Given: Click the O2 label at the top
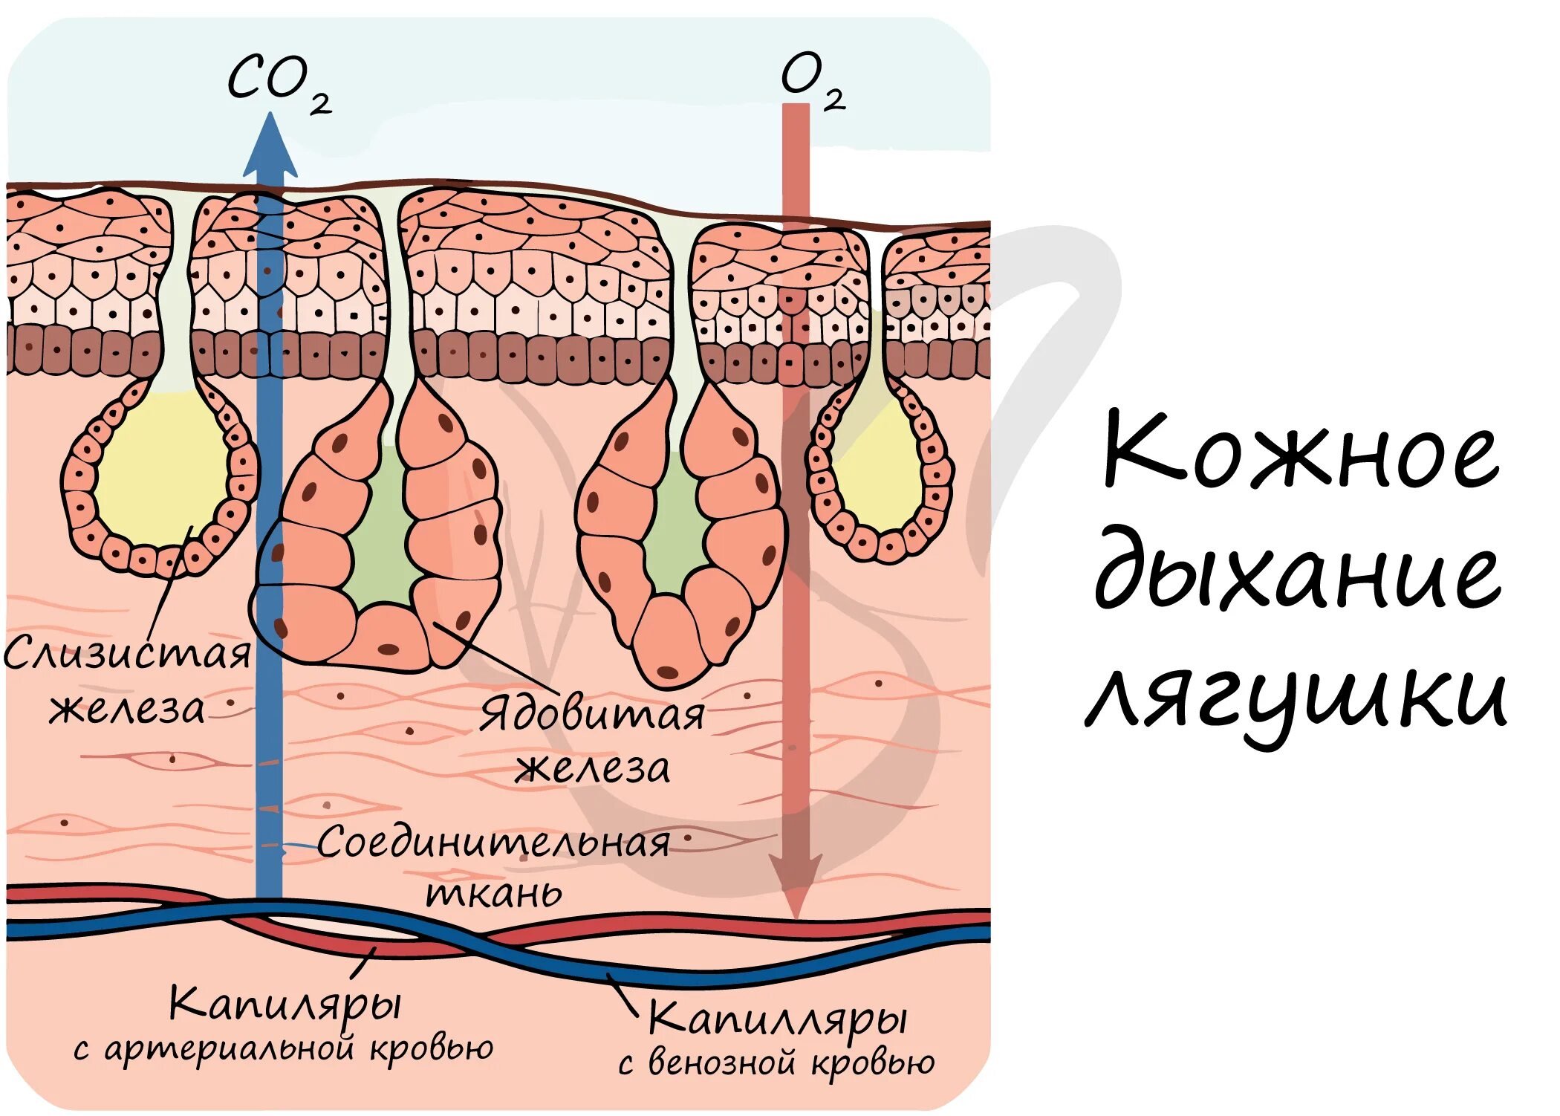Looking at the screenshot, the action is [812, 80].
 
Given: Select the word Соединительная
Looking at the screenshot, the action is [494, 843].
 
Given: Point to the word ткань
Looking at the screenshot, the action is [494, 893].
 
